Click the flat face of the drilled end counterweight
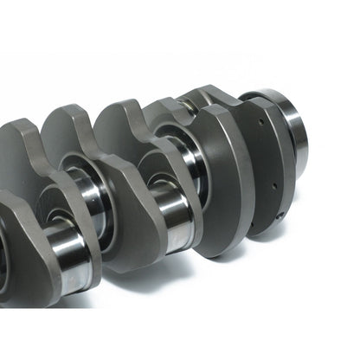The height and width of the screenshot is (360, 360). pos(260,173)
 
